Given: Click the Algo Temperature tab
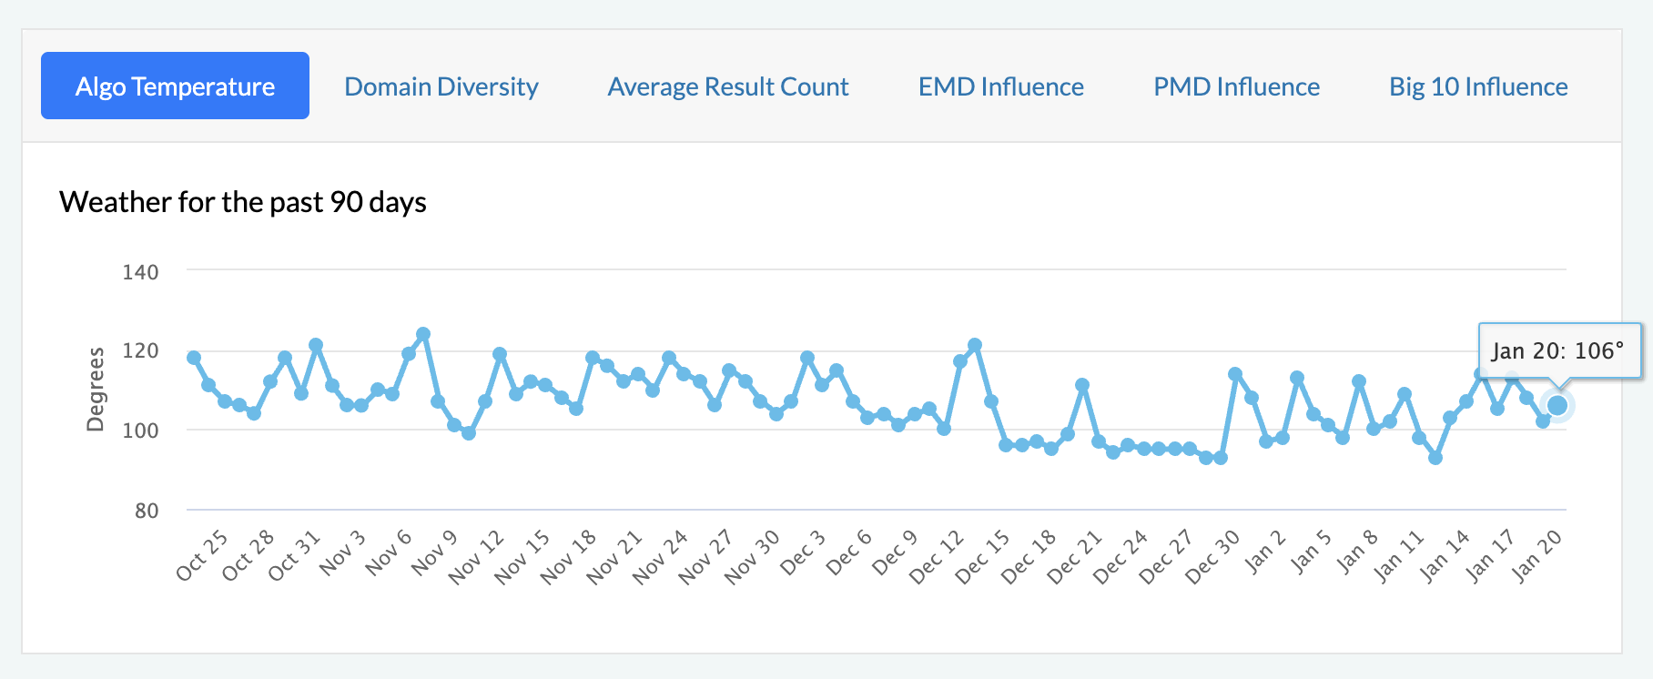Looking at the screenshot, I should click(x=175, y=86).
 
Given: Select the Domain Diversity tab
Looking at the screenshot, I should click(x=441, y=86).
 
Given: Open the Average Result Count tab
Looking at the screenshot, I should click(x=728, y=86).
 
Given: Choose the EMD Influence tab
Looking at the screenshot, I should click(x=1000, y=86).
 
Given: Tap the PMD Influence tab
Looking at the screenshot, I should click(x=1236, y=86).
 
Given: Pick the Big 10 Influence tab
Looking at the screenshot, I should click(x=1478, y=86).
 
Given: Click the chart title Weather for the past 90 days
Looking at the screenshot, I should click(x=243, y=201).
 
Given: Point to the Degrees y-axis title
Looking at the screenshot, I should click(x=95, y=389).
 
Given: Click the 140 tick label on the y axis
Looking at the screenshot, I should click(x=140, y=272).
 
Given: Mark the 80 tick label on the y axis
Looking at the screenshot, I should click(x=147, y=511).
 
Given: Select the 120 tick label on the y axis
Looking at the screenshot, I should click(x=140, y=350).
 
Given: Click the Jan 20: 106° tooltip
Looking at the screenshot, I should click(x=1558, y=350).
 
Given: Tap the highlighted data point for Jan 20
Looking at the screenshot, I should click(x=1557, y=405).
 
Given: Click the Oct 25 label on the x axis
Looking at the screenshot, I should click(x=202, y=554).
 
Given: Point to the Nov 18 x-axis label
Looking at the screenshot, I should click(x=568, y=556).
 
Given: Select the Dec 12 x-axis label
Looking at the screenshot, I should click(x=937, y=556).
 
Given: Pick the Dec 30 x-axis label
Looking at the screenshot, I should click(x=1212, y=556).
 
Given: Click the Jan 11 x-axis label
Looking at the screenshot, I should click(x=1398, y=556).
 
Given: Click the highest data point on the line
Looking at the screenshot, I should click(x=423, y=334).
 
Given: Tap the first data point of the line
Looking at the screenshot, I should click(x=194, y=358).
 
